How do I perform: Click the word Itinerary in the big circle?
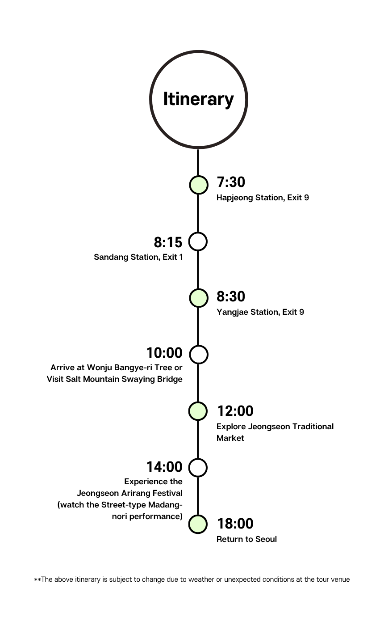click(198, 99)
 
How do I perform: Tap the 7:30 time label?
click(231, 182)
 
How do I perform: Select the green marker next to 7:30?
click(198, 185)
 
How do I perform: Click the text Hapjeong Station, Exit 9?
click(263, 198)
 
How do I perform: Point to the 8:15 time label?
click(168, 242)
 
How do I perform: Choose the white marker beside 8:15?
click(198, 241)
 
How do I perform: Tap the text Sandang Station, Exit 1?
click(138, 257)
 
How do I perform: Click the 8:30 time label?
click(231, 297)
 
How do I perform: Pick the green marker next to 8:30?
click(198, 298)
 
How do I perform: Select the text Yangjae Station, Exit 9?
click(260, 312)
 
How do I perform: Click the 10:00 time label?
click(164, 353)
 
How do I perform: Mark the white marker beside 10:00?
click(198, 355)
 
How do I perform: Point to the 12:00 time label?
click(235, 411)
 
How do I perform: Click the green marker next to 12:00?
click(198, 411)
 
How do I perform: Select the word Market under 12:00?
click(230, 438)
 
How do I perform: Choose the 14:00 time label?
click(164, 467)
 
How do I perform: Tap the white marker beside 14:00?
click(198, 468)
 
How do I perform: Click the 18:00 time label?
click(235, 524)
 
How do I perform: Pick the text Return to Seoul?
click(246, 539)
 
